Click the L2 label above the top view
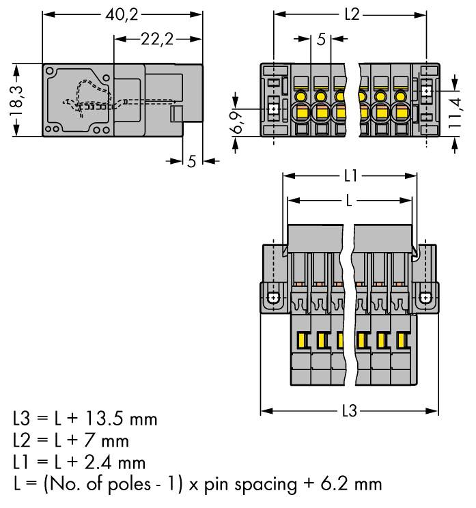[351, 14]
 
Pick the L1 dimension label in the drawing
[350, 176]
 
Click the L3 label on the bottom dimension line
[349, 412]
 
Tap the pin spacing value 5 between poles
[321, 40]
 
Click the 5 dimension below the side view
[192, 161]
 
